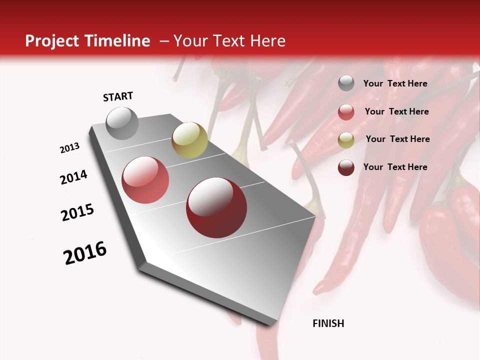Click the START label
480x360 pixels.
point(118,96)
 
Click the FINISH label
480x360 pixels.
point(328,323)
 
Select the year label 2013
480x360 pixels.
point(69,148)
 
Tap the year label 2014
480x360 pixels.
point(73,177)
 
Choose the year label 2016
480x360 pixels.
point(85,253)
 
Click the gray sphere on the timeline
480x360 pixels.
point(122,123)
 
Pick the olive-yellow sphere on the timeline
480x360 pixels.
point(189,140)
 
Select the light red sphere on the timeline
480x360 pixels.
point(145,180)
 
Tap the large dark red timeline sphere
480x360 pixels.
point(212,207)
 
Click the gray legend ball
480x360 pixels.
point(346,83)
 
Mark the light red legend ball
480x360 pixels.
point(346,112)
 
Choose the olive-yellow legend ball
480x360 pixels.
point(346,139)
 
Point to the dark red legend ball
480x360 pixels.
point(346,167)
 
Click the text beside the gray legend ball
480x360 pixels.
point(395,83)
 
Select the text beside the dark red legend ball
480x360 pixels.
point(395,167)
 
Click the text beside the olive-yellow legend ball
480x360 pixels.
point(397,139)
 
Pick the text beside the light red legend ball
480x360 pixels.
point(396,111)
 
